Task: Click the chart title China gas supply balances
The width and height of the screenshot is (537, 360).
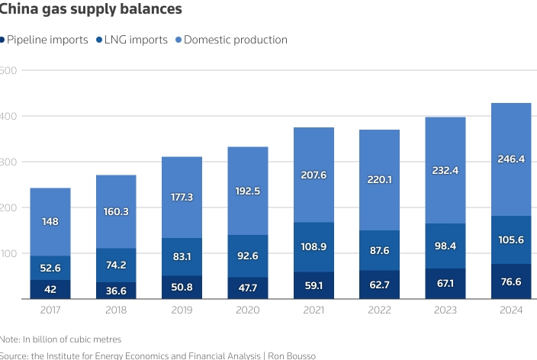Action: pyautogui.click(x=91, y=10)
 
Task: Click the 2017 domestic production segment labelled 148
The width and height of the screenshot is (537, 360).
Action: pyautogui.click(x=50, y=222)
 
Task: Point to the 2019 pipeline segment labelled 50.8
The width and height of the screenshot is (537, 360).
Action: pyautogui.click(x=182, y=288)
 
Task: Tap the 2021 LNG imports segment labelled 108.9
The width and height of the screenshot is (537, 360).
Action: pyautogui.click(x=313, y=246)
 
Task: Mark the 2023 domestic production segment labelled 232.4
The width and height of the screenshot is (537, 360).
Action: pyautogui.click(x=445, y=170)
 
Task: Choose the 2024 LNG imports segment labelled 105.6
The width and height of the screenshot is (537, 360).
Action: pyautogui.click(x=510, y=239)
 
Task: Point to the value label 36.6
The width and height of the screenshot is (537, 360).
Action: pyautogui.click(x=116, y=291)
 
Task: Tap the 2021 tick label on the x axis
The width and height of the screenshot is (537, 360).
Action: pyautogui.click(x=313, y=310)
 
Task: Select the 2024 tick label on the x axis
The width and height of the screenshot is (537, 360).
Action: pyautogui.click(x=510, y=310)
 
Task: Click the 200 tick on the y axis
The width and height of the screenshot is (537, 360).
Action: pyautogui.click(x=8, y=207)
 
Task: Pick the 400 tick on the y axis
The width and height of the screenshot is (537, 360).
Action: pyautogui.click(x=8, y=116)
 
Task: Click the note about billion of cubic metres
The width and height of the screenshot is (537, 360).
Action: pyautogui.click(x=61, y=339)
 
